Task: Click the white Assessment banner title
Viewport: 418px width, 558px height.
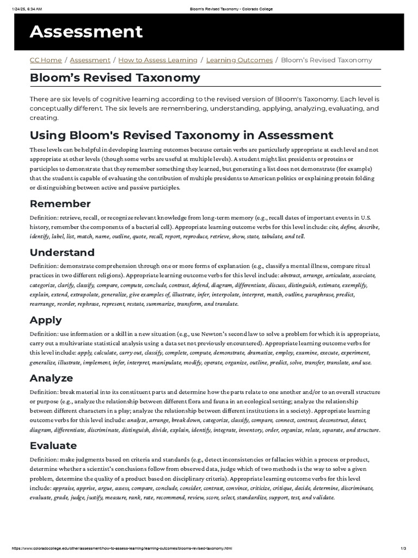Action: pyautogui.click(x=86, y=32)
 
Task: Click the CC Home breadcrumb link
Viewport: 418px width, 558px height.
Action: pyautogui.click(x=45, y=60)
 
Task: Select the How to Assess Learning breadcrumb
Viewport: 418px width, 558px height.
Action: pyautogui.click(x=158, y=60)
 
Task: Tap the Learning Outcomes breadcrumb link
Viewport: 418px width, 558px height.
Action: pyautogui.click(x=239, y=60)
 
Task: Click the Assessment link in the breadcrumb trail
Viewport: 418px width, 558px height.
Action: pyautogui.click(x=90, y=60)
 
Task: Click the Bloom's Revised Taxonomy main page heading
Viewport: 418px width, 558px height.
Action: pyautogui.click(x=115, y=78)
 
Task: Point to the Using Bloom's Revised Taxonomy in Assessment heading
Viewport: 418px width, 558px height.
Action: pyautogui.click(x=181, y=135)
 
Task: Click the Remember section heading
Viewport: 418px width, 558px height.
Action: pyautogui.click(x=60, y=204)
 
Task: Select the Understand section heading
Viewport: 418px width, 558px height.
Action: pyautogui.click(x=62, y=252)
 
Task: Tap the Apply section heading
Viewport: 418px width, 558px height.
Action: pyautogui.click(x=46, y=320)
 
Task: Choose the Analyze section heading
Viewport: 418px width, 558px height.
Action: pyautogui.click(x=51, y=378)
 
